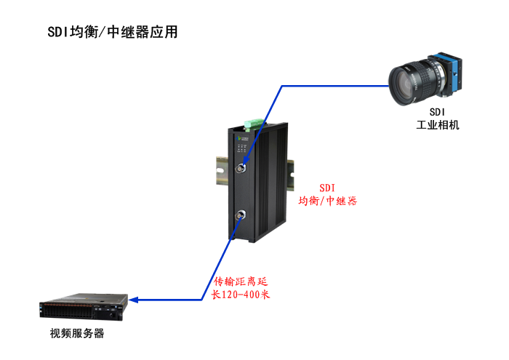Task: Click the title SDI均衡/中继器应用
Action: click(112, 32)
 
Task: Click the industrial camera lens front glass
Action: click(401, 86)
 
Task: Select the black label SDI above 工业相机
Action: click(437, 112)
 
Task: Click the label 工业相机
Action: click(438, 125)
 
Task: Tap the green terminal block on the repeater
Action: click(254, 124)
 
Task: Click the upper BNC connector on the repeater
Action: click(241, 168)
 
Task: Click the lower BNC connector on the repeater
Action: click(241, 215)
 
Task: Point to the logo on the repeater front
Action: click(241, 138)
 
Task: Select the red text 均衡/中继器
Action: click(327, 201)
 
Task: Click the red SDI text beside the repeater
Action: click(327, 188)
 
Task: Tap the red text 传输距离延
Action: click(241, 281)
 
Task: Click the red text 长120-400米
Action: click(241, 295)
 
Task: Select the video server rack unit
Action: click(84, 307)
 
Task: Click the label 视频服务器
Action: click(77, 333)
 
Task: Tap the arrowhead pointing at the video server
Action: click(133, 300)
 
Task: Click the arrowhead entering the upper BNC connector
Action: click(246, 161)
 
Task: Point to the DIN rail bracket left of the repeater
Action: click(223, 171)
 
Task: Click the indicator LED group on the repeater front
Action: click(242, 148)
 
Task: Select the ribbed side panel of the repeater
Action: click(270, 182)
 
